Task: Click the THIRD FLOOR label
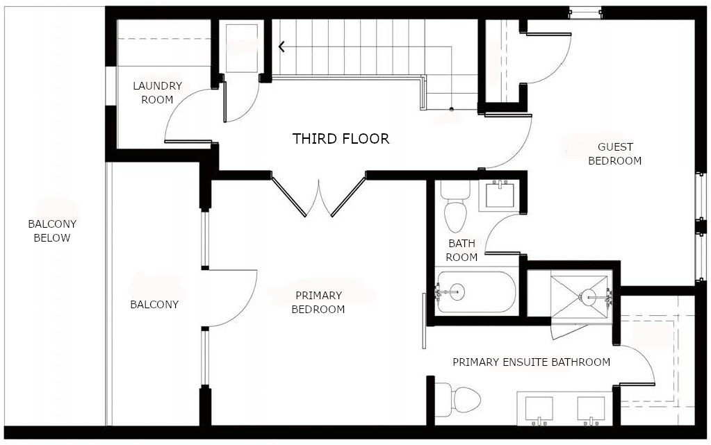tap(341, 139)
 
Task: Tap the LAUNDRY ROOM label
tap(157, 93)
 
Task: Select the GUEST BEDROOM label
tap(614, 154)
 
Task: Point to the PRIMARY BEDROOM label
tap(318, 303)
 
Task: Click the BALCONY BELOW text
tap(52, 231)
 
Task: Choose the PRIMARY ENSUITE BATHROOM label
tap(531, 362)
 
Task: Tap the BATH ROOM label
tap(461, 251)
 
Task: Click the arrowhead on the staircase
tap(282, 47)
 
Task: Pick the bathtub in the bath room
tap(476, 292)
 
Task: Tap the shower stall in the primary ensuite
tap(580, 296)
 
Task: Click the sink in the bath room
tap(499, 194)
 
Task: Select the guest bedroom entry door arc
tap(511, 142)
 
